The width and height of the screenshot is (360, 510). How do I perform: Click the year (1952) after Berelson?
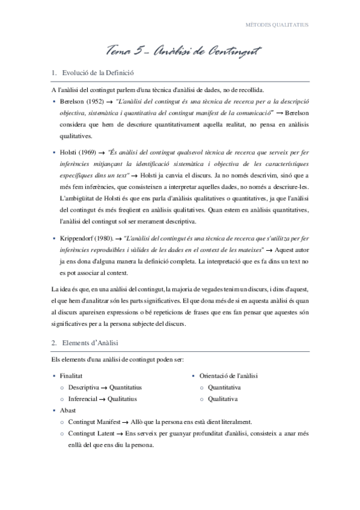click(x=96, y=100)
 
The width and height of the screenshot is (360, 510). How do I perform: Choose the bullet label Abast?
click(x=67, y=410)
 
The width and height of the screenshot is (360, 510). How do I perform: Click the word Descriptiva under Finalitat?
click(x=83, y=387)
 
